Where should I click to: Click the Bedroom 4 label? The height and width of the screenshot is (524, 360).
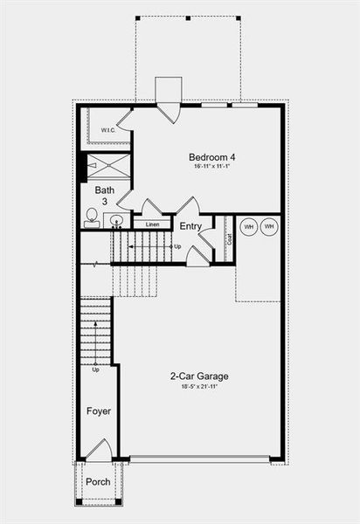(211, 158)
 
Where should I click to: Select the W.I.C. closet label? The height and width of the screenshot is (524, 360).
(107, 131)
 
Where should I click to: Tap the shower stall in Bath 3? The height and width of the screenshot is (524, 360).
(107, 166)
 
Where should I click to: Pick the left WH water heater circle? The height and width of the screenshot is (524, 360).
(248, 227)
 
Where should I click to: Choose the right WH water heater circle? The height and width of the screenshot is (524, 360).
(269, 227)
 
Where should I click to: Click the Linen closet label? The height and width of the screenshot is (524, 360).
(152, 224)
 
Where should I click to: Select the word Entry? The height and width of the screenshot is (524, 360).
(190, 226)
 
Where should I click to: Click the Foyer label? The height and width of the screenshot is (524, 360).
(98, 410)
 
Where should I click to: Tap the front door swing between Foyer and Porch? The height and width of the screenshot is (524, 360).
(98, 451)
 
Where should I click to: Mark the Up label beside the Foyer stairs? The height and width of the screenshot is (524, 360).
(95, 369)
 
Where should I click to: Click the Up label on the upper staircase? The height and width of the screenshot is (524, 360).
(177, 246)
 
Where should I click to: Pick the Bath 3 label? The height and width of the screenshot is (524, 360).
(105, 196)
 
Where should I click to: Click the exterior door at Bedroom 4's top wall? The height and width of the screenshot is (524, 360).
(169, 113)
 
